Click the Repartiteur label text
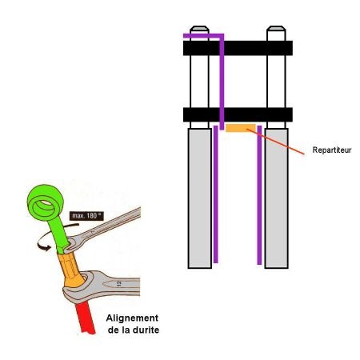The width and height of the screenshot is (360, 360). click(x=332, y=150)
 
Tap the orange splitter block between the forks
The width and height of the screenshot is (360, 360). click(x=241, y=128)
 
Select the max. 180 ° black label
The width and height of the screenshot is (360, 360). click(x=86, y=216)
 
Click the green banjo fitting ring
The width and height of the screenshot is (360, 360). click(x=46, y=202)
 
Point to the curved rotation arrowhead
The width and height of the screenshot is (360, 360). click(x=44, y=246)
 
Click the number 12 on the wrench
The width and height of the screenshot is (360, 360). click(x=119, y=284)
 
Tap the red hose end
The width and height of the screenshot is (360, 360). click(x=86, y=318)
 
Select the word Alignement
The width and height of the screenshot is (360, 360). click(x=132, y=318)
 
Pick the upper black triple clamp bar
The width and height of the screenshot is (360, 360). click(x=238, y=48)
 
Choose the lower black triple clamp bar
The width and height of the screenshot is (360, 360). click(x=238, y=114)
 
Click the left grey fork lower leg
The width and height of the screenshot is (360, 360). click(x=200, y=198)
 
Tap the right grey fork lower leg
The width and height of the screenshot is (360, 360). click(x=277, y=198)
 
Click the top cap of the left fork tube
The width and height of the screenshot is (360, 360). click(x=199, y=29)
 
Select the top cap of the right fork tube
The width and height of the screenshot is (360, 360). click(x=276, y=29)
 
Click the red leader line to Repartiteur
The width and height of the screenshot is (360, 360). click(x=275, y=142)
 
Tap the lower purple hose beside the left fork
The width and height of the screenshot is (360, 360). click(x=216, y=194)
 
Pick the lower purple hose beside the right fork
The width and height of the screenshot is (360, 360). click(x=259, y=195)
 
